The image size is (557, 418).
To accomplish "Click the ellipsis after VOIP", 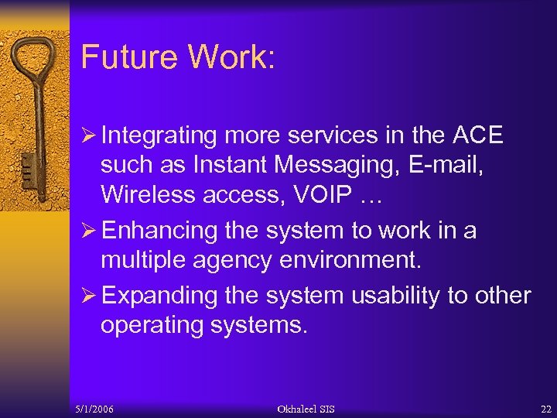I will pyautogui.click(x=371, y=198).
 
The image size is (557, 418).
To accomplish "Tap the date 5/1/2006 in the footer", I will pyautogui.click(x=94, y=409).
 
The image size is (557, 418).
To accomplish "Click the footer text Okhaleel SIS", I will pyautogui.click(x=306, y=409).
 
